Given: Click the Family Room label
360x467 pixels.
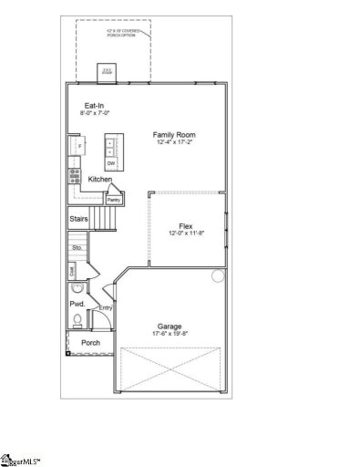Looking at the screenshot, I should (175, 134).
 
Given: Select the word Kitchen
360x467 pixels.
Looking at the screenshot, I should (99, 180).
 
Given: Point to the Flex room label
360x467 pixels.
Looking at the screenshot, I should (185, 225).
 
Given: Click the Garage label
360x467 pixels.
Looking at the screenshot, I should (169, 326).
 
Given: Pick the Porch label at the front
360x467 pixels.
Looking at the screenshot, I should (90, 343).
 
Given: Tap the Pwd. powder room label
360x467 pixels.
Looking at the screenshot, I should (77, 303).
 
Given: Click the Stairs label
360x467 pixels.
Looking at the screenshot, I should (78, 220).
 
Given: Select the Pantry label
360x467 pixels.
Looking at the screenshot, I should (114, 199).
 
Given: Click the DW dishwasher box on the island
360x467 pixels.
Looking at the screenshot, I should (111, 162).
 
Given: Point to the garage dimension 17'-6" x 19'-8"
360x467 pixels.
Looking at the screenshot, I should (169, 334).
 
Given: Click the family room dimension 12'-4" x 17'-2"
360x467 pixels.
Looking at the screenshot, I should (175, 142).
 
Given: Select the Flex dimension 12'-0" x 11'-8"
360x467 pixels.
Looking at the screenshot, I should (185, 233).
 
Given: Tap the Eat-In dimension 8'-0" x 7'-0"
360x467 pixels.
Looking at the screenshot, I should (93, 114).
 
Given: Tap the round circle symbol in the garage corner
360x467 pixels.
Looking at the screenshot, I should (217, 275).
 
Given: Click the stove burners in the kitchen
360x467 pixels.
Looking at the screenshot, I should (74, 178).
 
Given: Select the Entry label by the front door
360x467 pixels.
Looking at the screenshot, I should (106, 308).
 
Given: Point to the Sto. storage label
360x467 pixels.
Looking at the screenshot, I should (77, 247).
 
